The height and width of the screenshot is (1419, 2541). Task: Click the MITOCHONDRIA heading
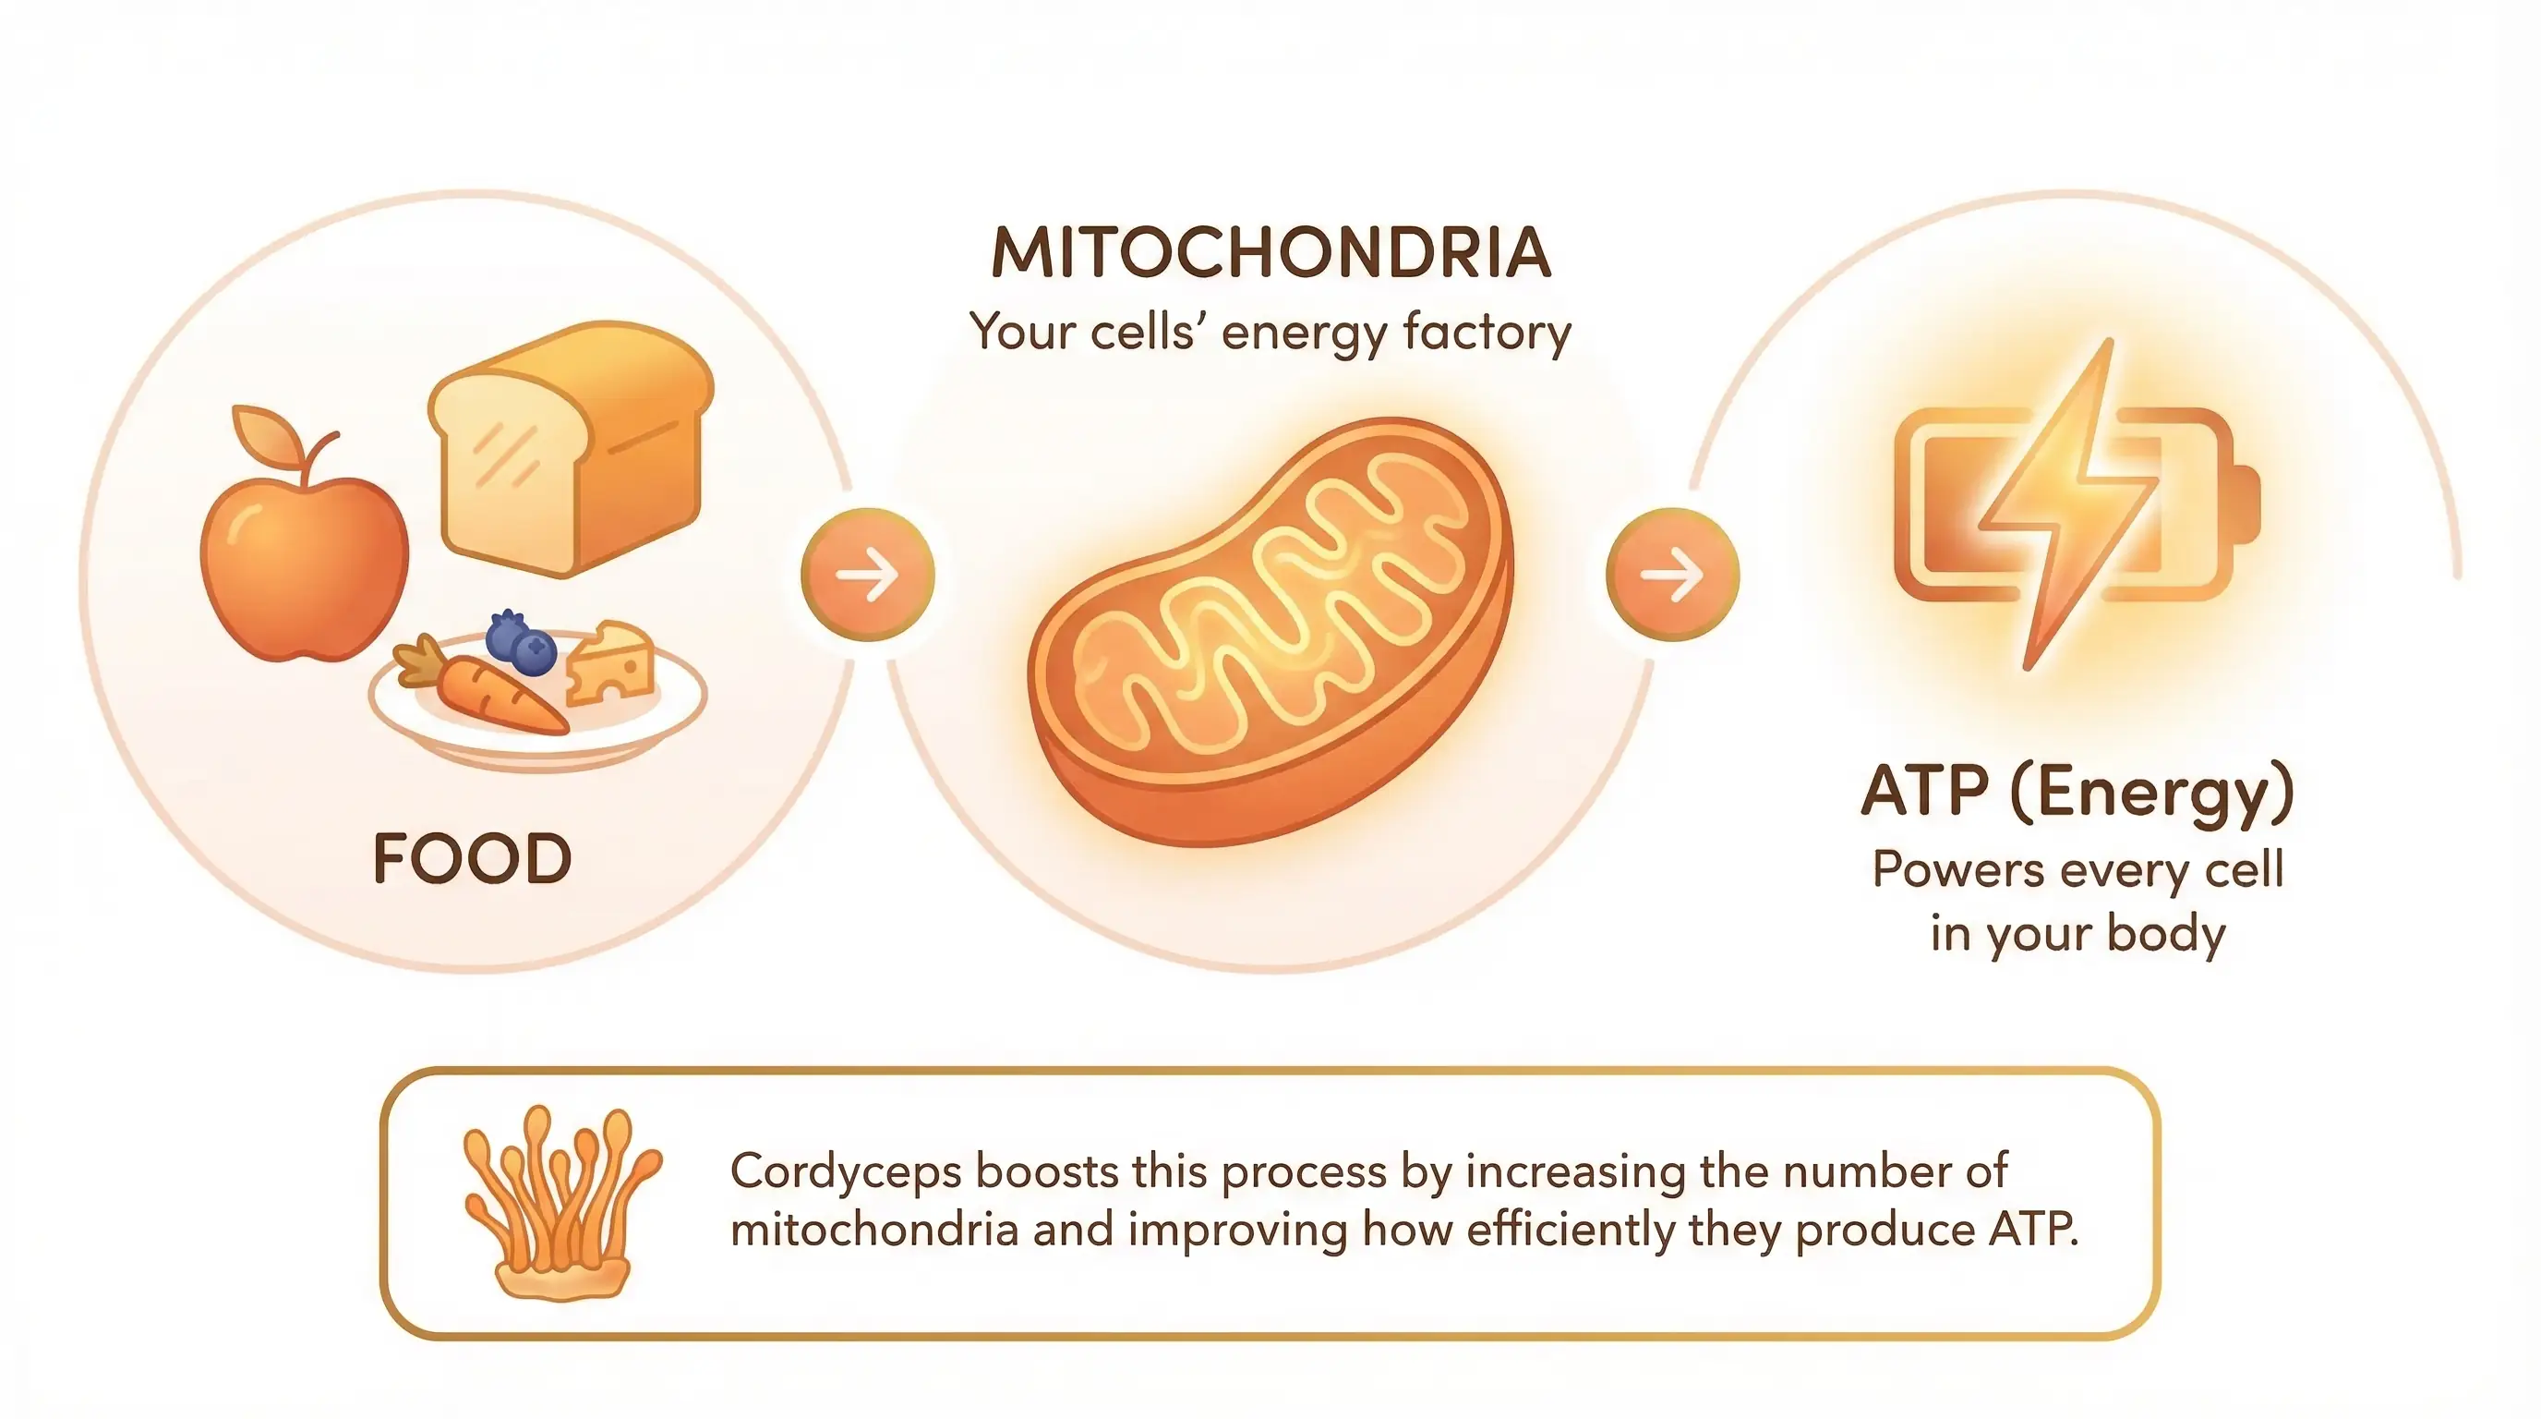click(x=1270, y=252)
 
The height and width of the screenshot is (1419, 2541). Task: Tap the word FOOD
click(x=473, y=858)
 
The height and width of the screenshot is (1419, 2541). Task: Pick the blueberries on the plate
click(x=521, y=641)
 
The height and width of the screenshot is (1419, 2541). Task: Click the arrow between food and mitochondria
click(x=867, y=575)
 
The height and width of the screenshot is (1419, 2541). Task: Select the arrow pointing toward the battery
click(x=1672, y=575)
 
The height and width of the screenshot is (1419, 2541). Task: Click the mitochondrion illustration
click(x=1270, y=632)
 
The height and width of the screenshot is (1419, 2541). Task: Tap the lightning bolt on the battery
click(x=2069, y=503)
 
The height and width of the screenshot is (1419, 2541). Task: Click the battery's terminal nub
click(x=2247, y=503)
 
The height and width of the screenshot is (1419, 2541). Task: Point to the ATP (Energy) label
click(x=2077, y=794)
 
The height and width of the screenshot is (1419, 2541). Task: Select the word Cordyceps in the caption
click(x=846, y=1172)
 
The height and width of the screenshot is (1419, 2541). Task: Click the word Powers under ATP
click(x=1958, y=870)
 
